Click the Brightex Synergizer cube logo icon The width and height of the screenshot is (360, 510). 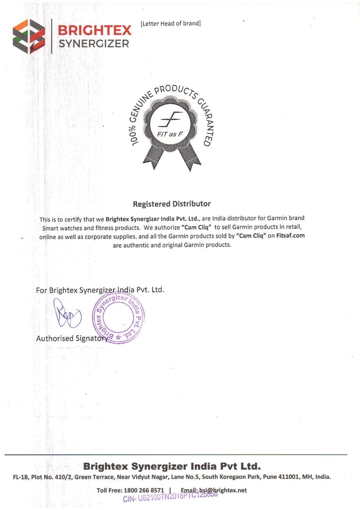tap(29, 36)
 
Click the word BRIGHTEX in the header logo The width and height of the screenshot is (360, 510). tap(94, 30)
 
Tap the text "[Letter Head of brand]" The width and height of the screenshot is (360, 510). tap(171, 23)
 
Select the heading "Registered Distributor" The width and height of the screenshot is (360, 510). tap(172, 204)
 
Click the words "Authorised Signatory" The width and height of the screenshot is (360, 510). tap(72, 339)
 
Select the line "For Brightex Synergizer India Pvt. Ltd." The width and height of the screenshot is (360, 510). tap(100, 290)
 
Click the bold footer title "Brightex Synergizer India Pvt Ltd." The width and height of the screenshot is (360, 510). tap(172, 467)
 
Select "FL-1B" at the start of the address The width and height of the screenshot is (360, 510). tap(21, 477)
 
